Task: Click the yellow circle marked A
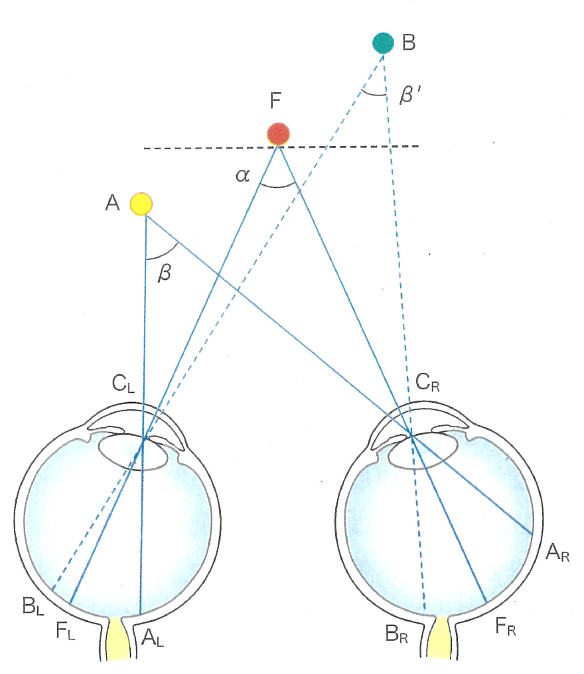141,204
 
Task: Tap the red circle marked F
278,133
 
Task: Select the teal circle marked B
383,43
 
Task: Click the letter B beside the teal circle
409,43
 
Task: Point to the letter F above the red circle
276,101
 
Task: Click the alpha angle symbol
242,175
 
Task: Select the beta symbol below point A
164,273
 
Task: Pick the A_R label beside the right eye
557,551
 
